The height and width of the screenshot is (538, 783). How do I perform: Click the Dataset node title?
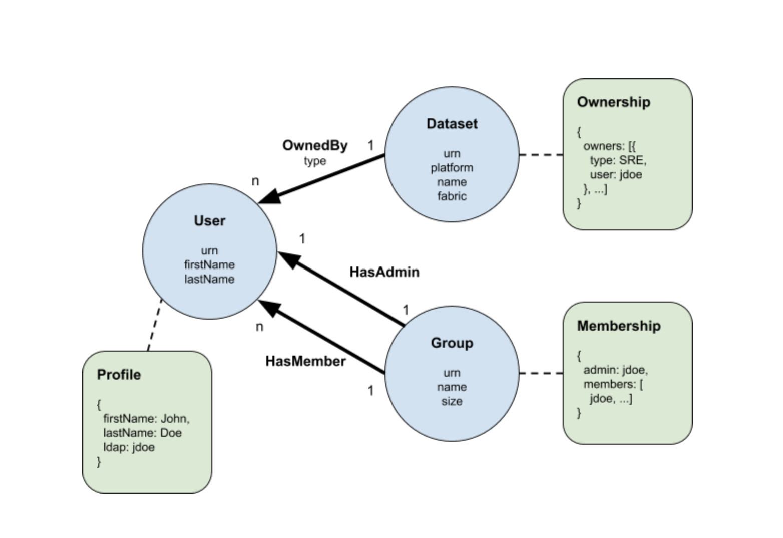pyautogui.click(x=452, y=124)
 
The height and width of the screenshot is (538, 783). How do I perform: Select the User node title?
pyautogui.click(x=209, y=221)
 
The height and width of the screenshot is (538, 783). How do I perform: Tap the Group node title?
pyautogui.click(x=452, y=343)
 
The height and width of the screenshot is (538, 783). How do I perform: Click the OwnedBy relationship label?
pyautogui.click(x=315, y=145)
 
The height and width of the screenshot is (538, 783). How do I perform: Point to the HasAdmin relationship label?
pyautogui.click(x=384, y=272)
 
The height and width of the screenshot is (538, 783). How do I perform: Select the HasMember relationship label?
pyautogui.click(x=305, y=361)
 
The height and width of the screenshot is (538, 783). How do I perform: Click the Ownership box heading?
pyautogui.click(x=613, y=102)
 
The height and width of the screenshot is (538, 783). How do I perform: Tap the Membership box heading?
pyautogui.click(x=618, y=326)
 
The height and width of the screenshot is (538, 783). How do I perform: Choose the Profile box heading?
pyautogui.click(x=119, y=375)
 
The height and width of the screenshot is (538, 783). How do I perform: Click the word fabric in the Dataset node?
pyautogui.click(x=452, y=196)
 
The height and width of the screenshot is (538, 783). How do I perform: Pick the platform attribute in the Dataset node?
pyautogui.click(x=452, y=168)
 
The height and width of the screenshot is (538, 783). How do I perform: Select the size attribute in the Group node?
pyautogui.click(x=452, y=401)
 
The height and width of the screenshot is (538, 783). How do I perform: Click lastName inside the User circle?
pyautogui.click(x=209, y=279)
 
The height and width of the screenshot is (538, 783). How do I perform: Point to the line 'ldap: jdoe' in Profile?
pyautogui.click(x=129, y=447)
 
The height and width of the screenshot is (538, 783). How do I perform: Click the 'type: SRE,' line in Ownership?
pyautogui.click(x=618, y=160)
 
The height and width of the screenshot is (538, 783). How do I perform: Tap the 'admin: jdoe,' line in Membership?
pyautogui.click(x=615, y=370)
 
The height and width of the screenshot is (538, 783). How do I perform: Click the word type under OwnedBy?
pyautogui.click(x=315, y=161)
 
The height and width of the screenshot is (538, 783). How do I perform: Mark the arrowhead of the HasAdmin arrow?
pyautogui.click(x=288, y=259)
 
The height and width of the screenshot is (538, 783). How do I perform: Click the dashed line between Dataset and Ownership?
pyautogui.click(x=541, y=155)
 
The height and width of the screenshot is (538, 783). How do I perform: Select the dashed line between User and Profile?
pyautogui.click(x=155, y=325)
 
